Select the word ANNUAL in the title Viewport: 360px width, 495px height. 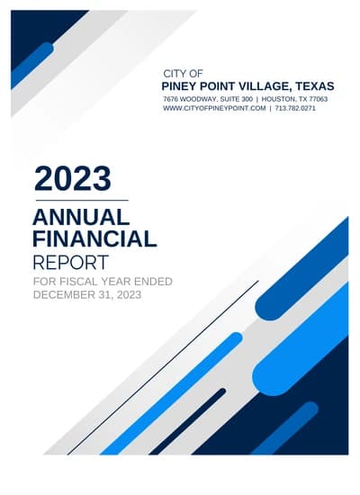[81, 218]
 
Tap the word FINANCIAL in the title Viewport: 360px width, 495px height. [94, 239]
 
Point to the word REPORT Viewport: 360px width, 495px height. [70, 263]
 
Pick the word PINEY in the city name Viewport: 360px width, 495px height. [182, 85]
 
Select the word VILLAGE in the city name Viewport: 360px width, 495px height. [255, 85]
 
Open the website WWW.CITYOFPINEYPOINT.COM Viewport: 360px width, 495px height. [214, 108]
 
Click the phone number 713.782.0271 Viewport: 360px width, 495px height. [295, 108]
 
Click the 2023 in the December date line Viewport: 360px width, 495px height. [127, 294]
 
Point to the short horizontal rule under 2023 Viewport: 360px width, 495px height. [81, 200]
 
